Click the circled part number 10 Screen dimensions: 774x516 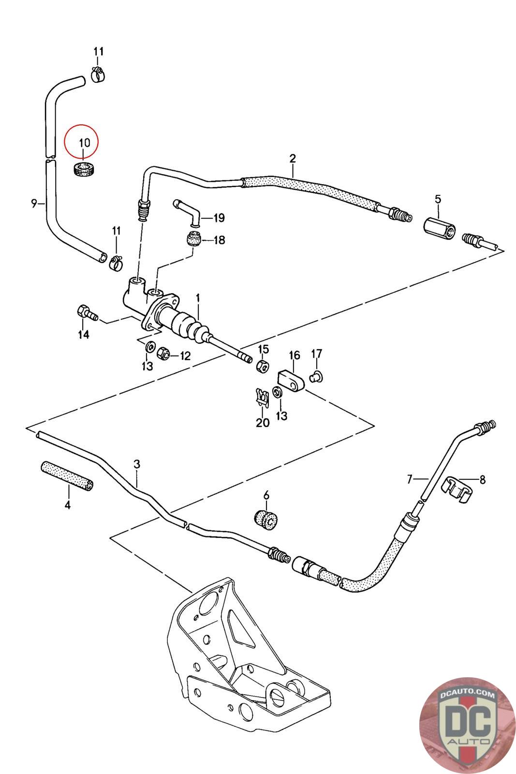pos(84,143)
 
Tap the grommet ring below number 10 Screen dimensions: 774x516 pos(85,170)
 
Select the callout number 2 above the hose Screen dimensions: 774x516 pos(293,158)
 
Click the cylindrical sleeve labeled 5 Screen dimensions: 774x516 pos(438,226)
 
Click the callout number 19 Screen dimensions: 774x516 pos(219,218)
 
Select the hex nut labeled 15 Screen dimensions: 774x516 pos(262,366)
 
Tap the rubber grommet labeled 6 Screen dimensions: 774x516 pos(265,519)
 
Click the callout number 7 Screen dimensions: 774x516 pos(410,479)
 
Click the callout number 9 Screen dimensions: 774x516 pos(34,203)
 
